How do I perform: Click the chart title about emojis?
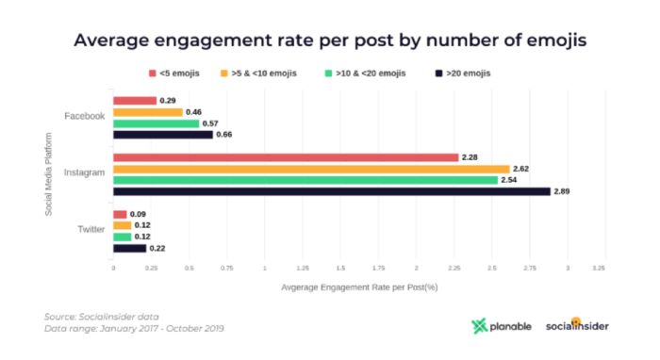[x=329, y=41]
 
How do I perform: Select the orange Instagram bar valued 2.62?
[x=311, y=169]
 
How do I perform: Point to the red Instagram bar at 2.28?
[x=286, y=157]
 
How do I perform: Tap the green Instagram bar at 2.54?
[x=305, y=180]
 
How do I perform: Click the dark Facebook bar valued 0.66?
[x=162, y=135]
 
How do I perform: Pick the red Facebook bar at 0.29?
[x=135, y=101]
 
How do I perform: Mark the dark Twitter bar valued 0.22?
[x=129, y=248]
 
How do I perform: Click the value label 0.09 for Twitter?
[x=138, y=214]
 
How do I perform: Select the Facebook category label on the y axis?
[x=84, y=117]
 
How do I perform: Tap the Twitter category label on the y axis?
[x=90, y=231]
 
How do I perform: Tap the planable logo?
[x=501, y=326]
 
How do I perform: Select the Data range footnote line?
[x=134, y=329]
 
